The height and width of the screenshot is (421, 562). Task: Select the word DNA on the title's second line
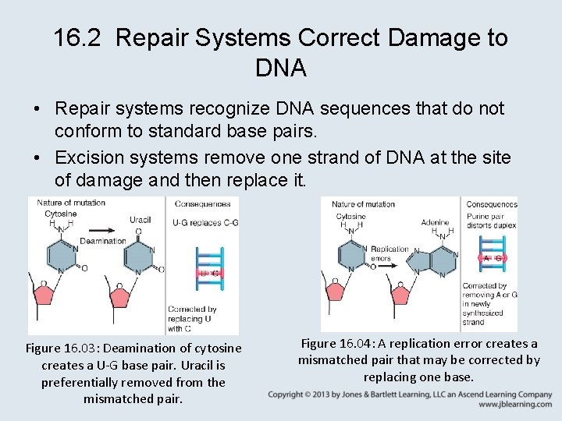pos(281,68)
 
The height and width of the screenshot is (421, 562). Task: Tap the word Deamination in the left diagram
pos(103,241)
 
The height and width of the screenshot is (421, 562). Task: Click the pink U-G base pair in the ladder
pos(209,274)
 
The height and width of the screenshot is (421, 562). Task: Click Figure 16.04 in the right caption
pos(334,343)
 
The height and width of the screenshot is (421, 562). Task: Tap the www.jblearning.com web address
pos(515,405)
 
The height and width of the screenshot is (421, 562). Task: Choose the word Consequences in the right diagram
pos(492,204)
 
